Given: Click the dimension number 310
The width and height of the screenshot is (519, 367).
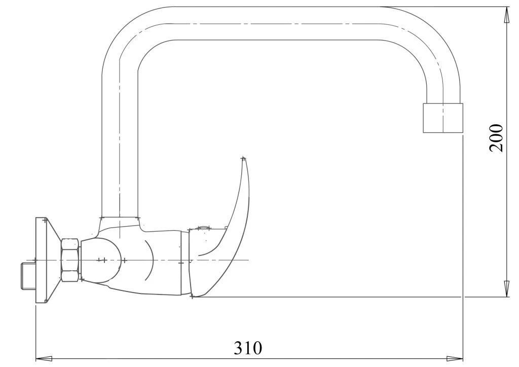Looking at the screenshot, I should pyautogui.click(x=248, y=348).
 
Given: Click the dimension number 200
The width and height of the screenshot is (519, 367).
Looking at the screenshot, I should pyautogui.click(x=496, y=137).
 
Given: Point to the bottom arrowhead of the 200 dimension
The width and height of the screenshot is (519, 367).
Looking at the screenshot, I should pyautogui.click(x=506, y=289).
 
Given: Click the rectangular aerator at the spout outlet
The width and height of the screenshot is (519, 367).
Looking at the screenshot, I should pyautogui.click(x=443, y=118).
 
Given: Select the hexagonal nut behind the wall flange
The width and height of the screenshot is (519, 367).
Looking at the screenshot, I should pyautogui.click(x=70, y=260).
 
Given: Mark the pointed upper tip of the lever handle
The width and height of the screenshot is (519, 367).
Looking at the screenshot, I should pyautogui.click(x=243, y=159).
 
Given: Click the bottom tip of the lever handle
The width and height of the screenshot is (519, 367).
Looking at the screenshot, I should pyautogui.click(x=193, y=296).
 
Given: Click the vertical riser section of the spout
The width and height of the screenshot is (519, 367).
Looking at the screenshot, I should pyautogui.click(x=120, y=142).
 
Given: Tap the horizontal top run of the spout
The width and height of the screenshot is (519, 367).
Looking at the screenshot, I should pyautogui.click(x=274, y=24).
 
